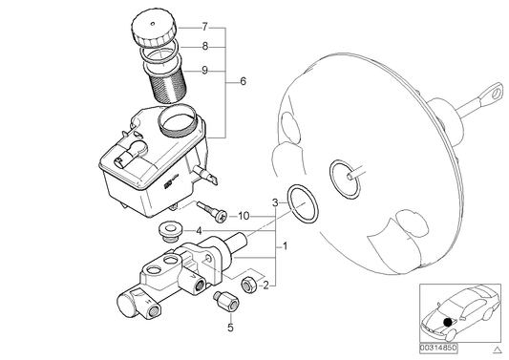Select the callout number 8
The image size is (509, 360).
click(204, 46)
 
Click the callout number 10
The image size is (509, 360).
click(244, 216)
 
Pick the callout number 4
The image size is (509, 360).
click(198, 230)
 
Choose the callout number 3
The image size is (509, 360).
click(275, 203)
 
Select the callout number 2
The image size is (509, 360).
click(265, 285)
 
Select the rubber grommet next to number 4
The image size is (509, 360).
click(171, 230)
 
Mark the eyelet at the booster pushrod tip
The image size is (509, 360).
click(498, 91)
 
